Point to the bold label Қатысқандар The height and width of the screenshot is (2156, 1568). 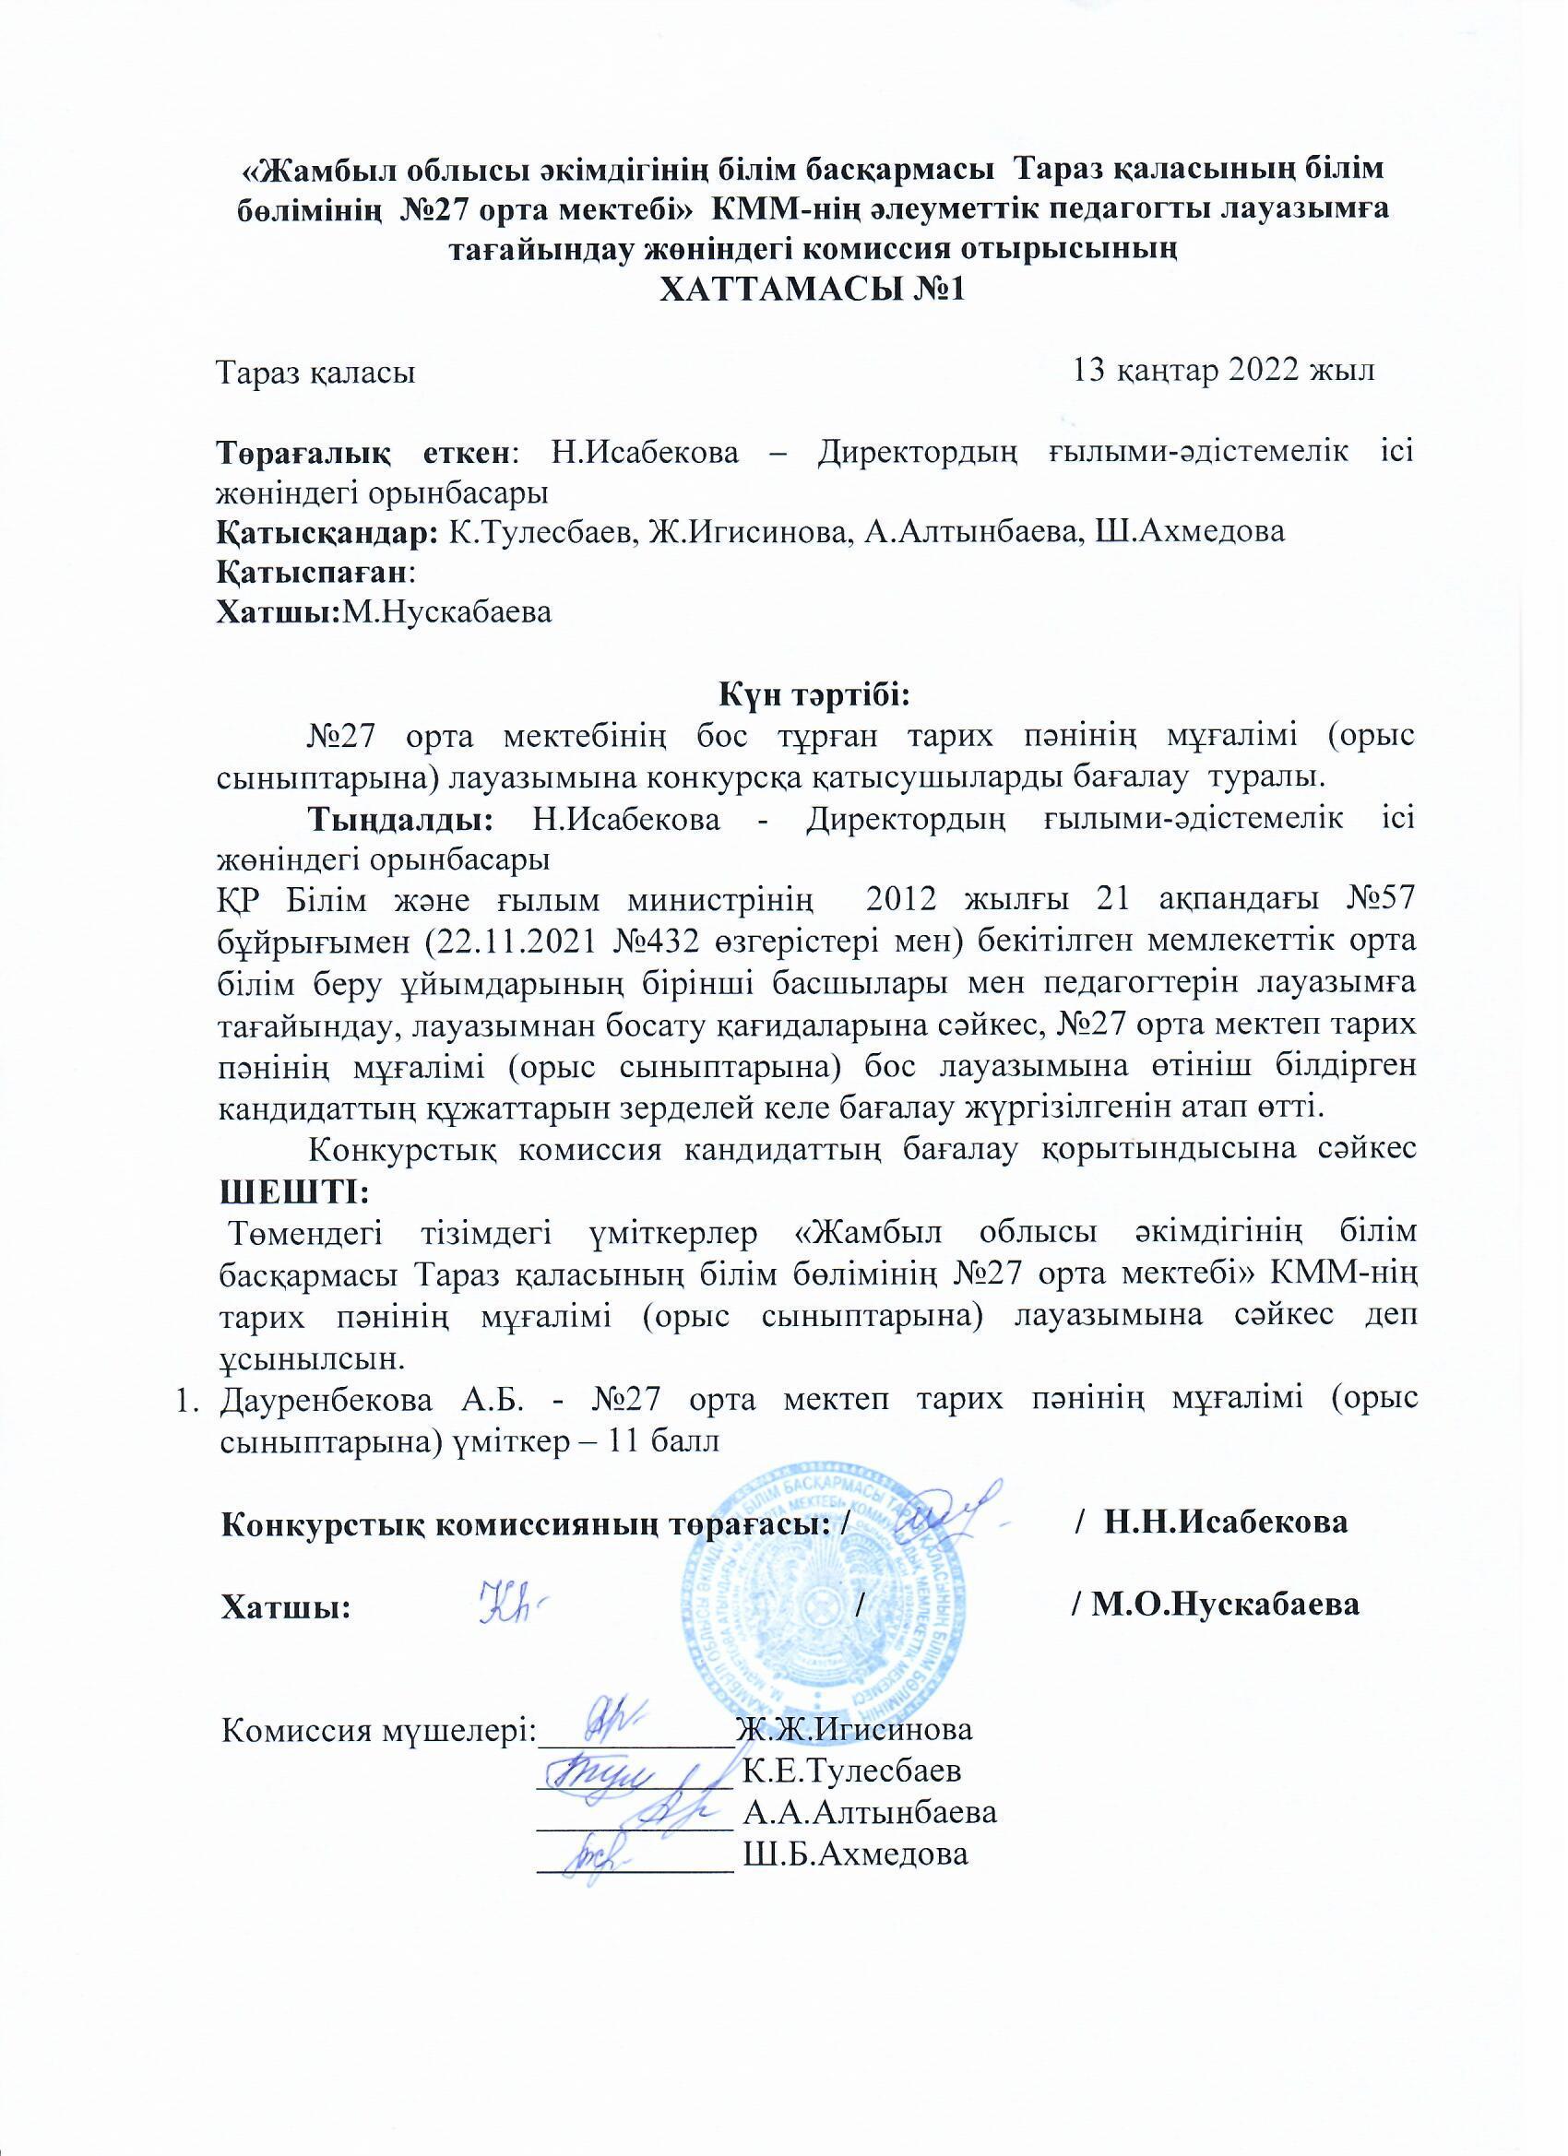click(x=327, y=531)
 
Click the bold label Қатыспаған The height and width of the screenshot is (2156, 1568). click(x=315, y=573)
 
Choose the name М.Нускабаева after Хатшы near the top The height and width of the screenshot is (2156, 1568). click(x=447, y=612)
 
